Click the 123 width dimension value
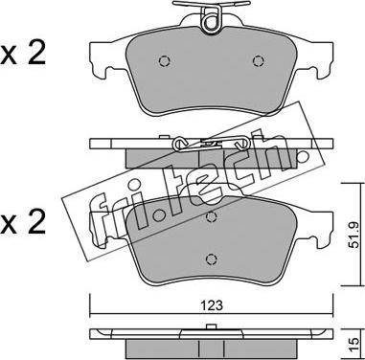[x=212, y=305]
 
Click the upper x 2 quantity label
[x=23, y=54]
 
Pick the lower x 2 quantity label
[x=23, y=222]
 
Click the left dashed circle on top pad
[x=165, y=61]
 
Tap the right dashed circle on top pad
[x=258, y=61]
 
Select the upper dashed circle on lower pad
[x=211, y=217]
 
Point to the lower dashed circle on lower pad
[x=211, y=259]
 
